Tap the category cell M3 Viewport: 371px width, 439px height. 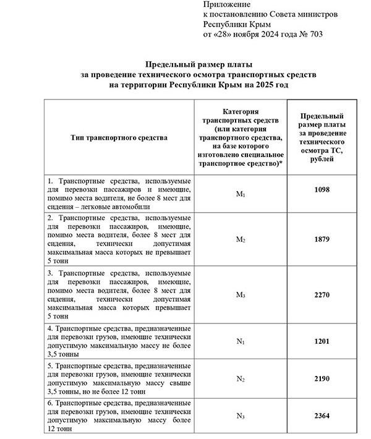tap(241, 295)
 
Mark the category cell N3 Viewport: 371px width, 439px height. tap(241, 417)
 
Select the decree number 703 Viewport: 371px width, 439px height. tap(315, 34)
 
